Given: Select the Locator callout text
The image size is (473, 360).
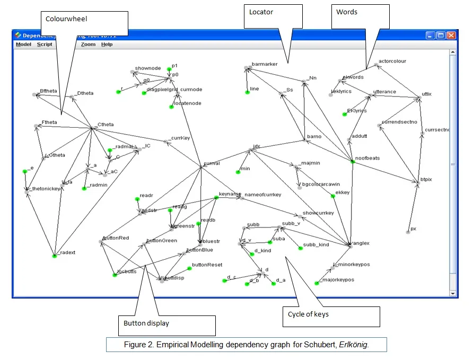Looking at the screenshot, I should [x=261, y=11].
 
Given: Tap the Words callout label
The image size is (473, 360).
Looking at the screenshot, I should [x=347, y=12].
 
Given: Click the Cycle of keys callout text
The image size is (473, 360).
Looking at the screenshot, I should [x=308, y=314].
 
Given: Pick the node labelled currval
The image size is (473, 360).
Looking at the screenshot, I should [x=212, y=164].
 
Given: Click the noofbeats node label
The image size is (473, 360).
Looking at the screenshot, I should [x=367, y=158].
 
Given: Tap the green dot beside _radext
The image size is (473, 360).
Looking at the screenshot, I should [x=55, y=256].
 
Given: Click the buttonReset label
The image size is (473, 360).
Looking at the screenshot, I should [x=207, y=265].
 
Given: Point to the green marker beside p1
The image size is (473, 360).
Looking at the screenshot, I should [x=169, y=69].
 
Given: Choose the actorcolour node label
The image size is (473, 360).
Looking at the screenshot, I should [x=392, y=62].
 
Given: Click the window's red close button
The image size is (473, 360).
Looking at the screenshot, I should [x=451, y=35].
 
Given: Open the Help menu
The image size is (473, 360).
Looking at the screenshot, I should [x=107, y=45].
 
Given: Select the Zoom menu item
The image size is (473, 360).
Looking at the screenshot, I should [x=88, y=45].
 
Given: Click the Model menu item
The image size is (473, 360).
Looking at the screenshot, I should [x=23, y=45].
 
